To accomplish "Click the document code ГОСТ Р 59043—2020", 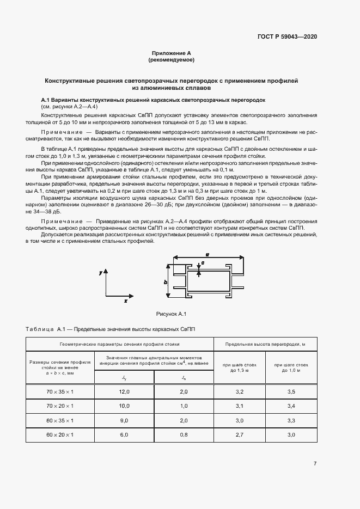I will [287, 37].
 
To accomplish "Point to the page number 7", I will [315, 463].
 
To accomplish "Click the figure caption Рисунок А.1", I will [172, 314].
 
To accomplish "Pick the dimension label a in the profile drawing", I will [208, 254].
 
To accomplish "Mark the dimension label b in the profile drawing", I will [165, 282].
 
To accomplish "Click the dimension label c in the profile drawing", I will [203, 262].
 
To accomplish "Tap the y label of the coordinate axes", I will [101, 272].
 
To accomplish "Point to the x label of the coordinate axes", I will [125, 300].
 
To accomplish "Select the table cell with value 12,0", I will [125, 391].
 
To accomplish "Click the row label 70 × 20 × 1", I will [60, 406].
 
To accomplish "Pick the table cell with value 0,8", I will [184, 435].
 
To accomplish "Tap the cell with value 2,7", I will [239, 435].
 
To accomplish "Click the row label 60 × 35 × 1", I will [60, 421].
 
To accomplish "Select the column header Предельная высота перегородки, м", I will [265, 345].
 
